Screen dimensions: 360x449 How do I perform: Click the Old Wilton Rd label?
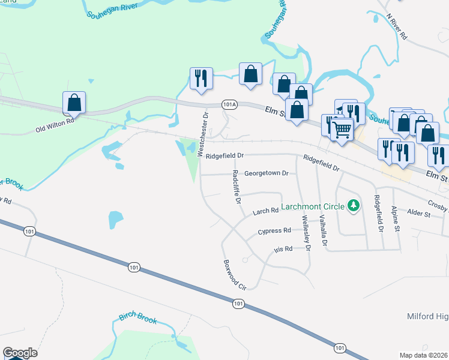click(x=55, y=124)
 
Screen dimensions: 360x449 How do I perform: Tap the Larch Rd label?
click(x=265, y=211)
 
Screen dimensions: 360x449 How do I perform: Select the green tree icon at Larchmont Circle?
click(x=354, y=206)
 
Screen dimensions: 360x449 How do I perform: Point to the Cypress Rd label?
click(x=274, y=230)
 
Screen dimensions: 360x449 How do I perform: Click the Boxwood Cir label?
click(x=235, y=275)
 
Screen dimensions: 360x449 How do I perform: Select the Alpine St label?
click(x=394, y=218)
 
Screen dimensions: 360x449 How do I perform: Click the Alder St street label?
click(x=418, y=214)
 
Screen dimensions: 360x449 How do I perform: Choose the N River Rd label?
click(x=397, y=28)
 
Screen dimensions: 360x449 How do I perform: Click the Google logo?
click(x=20, y=353)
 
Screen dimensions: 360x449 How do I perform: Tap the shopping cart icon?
click(x=342, y=128)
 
